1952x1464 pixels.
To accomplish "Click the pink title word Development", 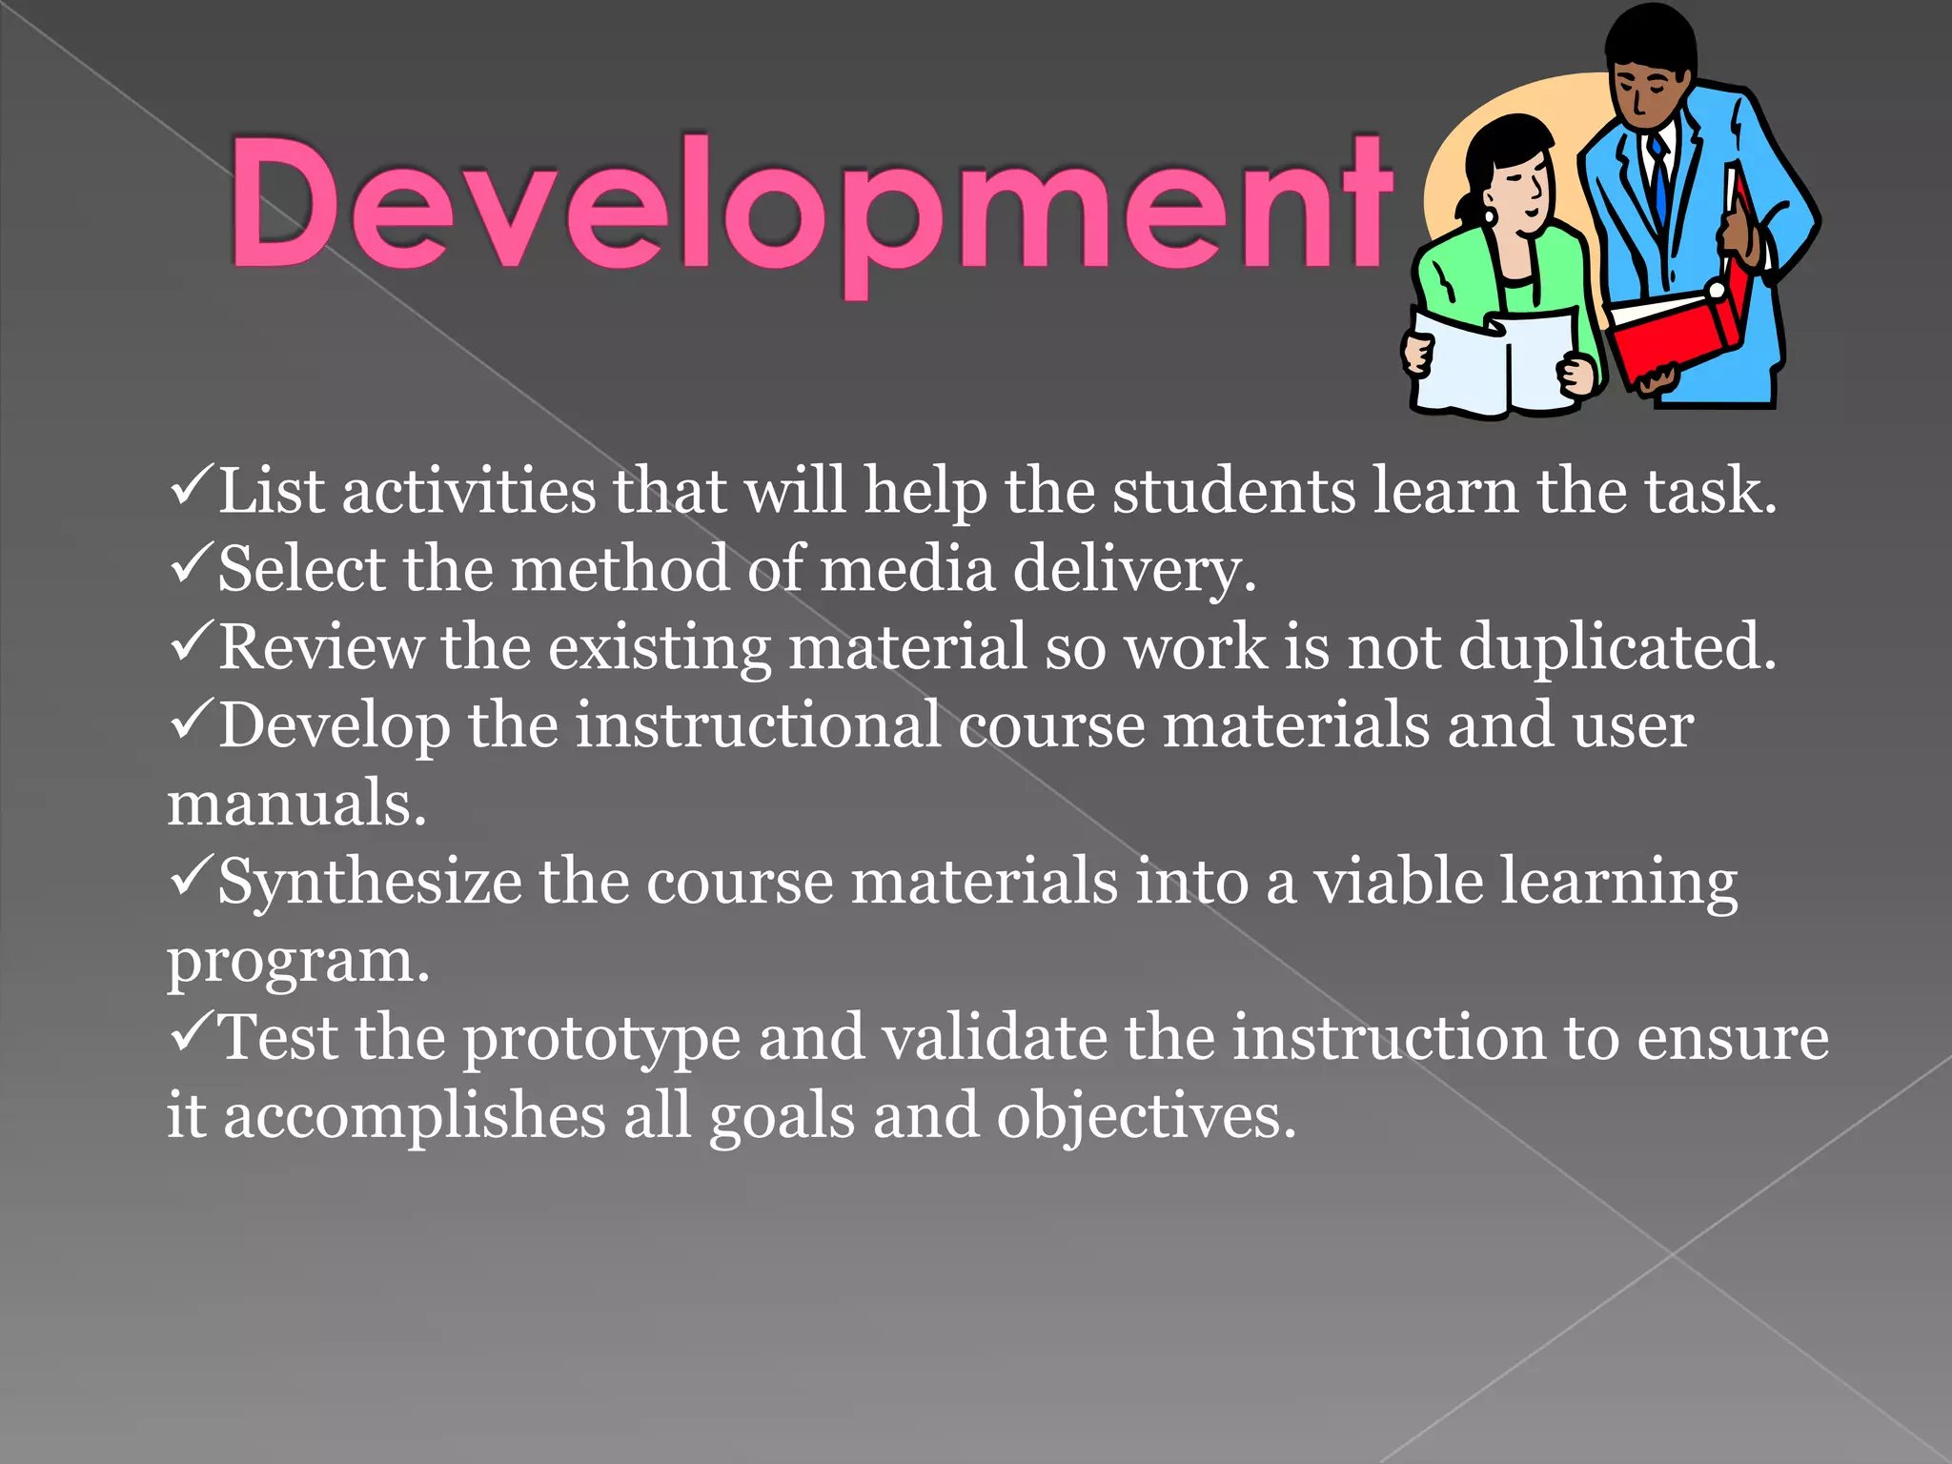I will [x=810, y=205].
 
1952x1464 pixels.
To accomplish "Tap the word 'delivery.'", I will [x=1134, y=570].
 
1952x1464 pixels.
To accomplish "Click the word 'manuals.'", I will [x=296, y=804].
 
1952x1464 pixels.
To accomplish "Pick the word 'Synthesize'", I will [x=370, y=883].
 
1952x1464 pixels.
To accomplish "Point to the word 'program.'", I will [x=298, y=961].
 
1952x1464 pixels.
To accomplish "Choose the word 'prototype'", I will [x=601, y=1039].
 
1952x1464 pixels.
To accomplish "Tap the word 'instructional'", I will [x=758, y=726].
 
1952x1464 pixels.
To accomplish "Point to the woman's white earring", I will [x=1491, y=217].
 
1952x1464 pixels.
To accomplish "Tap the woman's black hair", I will [x=1496, y=143].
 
